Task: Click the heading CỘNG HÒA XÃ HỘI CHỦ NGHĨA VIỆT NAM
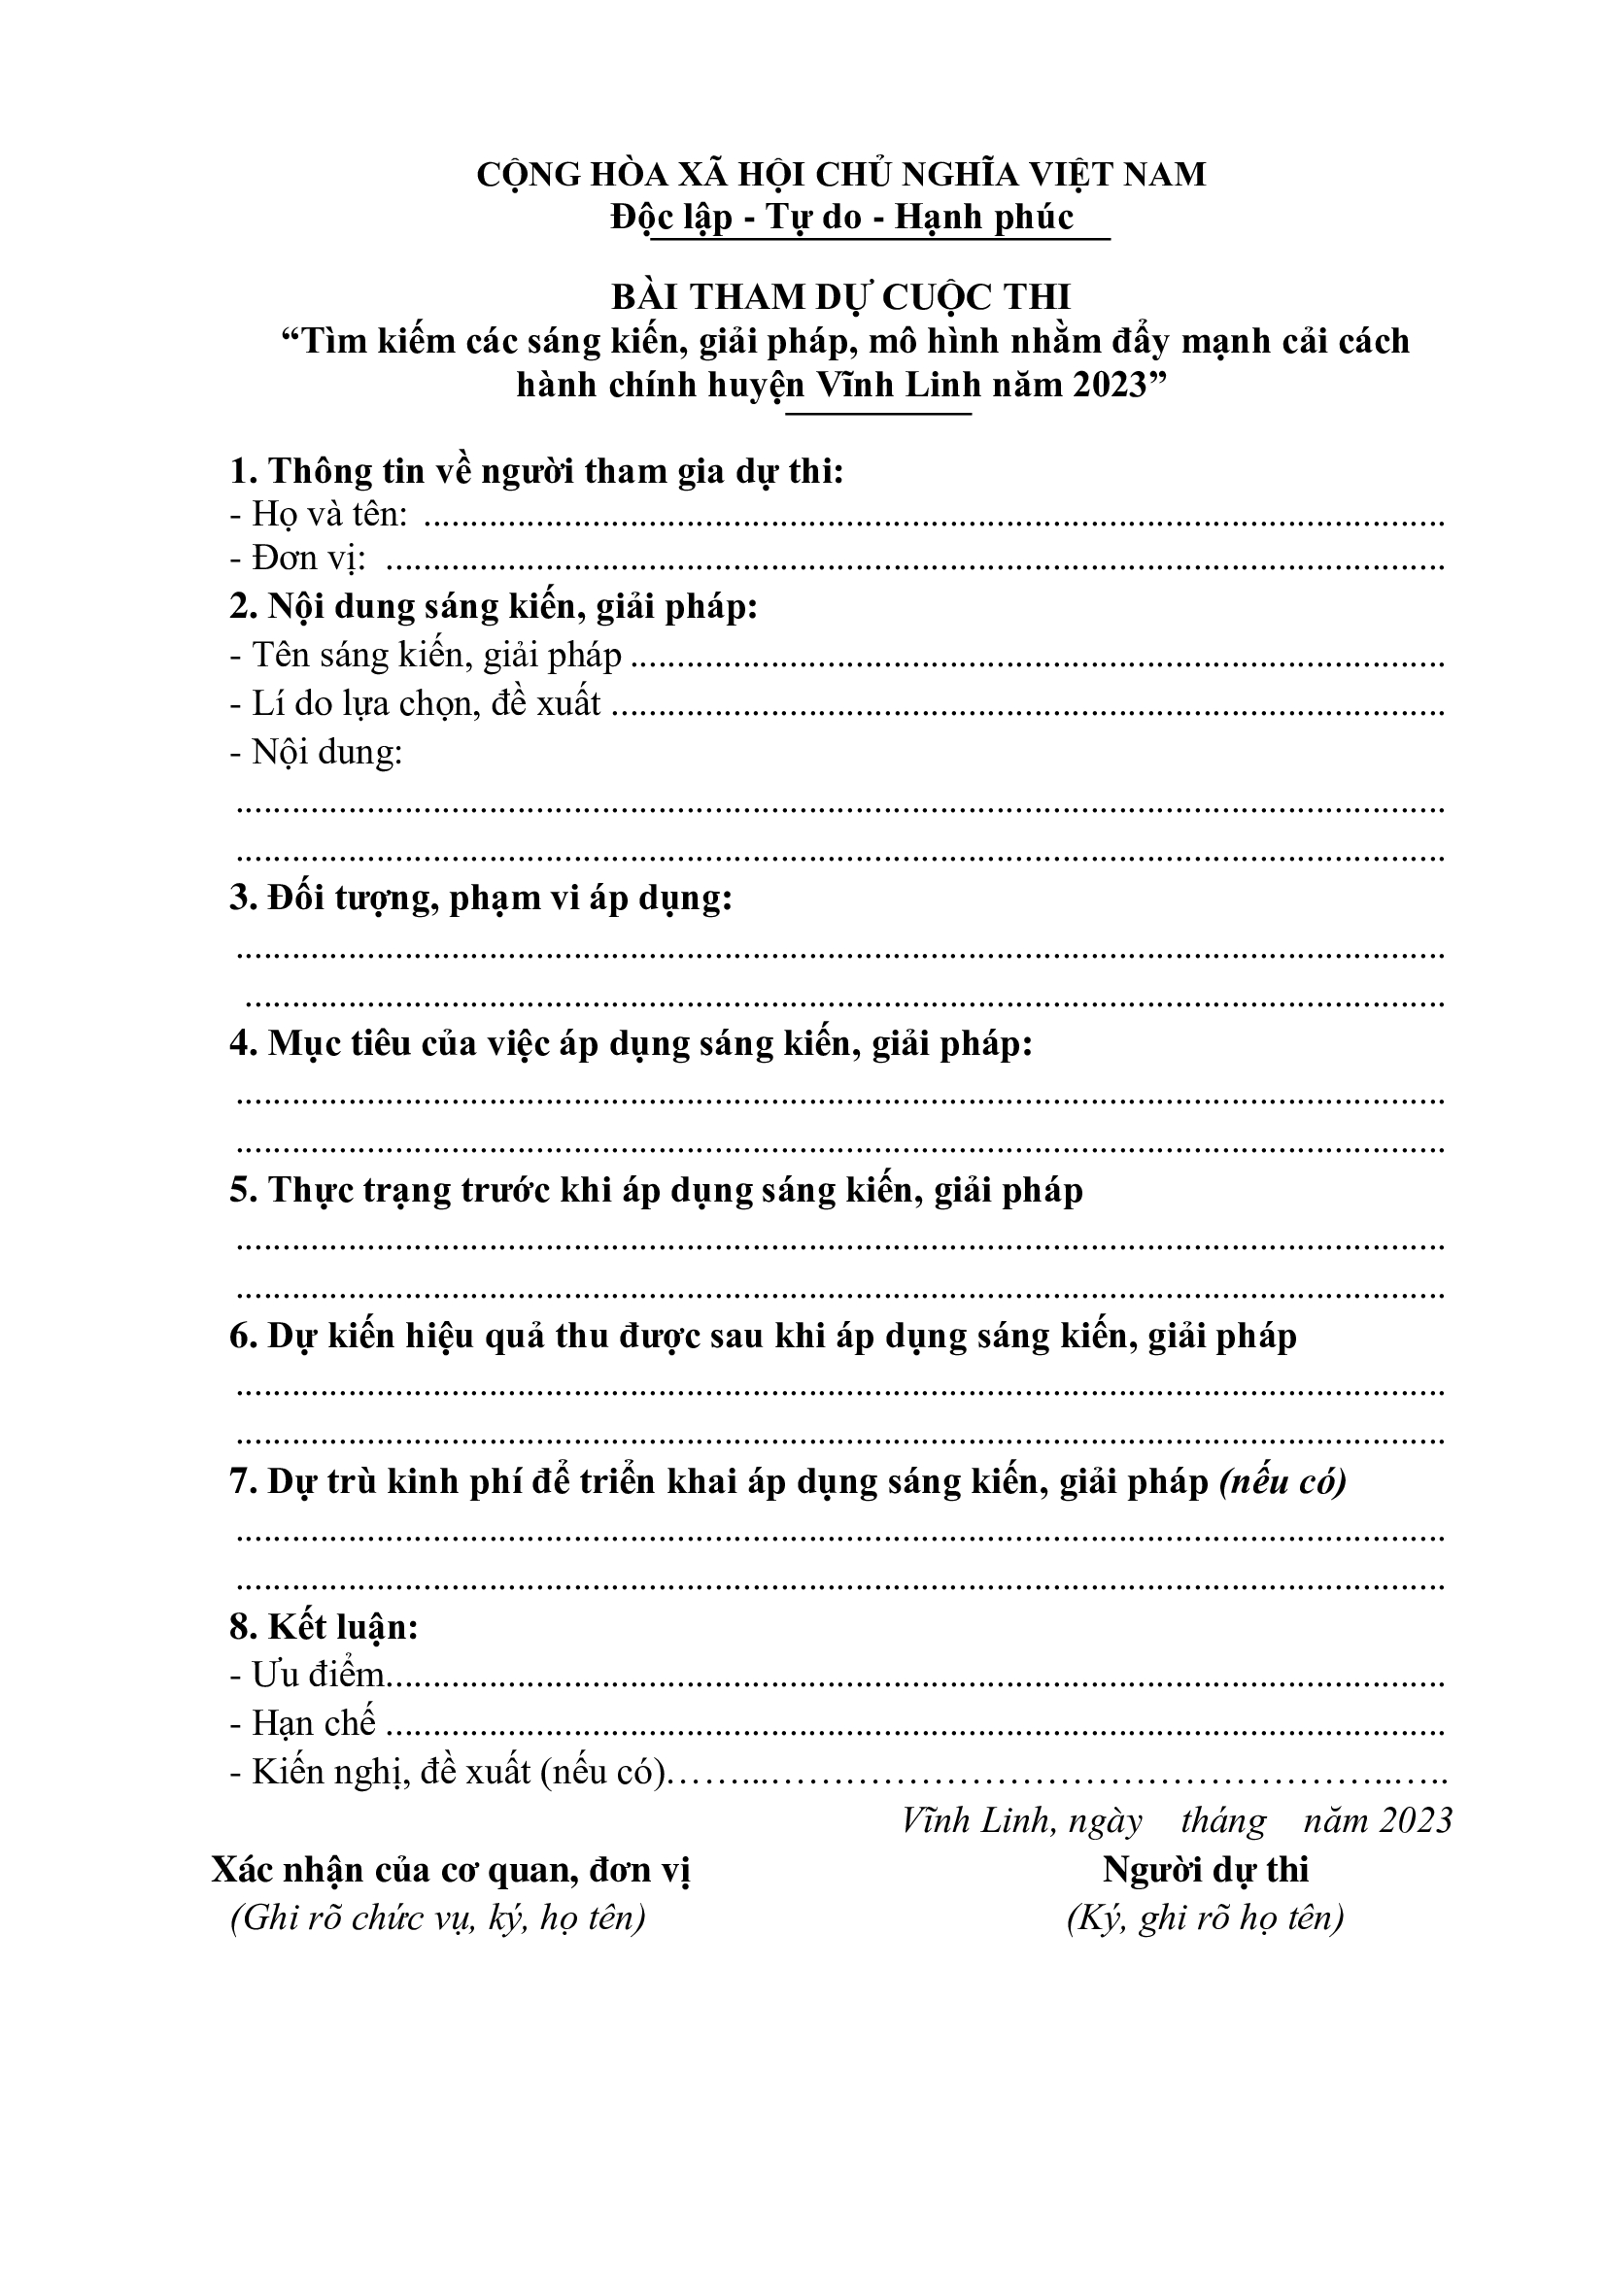pyautogui.click(x=841, y=174)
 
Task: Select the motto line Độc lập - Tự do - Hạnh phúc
pyautogui.click(x=841, y=217)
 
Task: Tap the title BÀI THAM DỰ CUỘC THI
pyautogui.click(x=841, y=296)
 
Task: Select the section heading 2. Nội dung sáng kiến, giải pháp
pyautogui.click(x=493, y=605)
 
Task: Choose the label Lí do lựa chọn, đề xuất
pyautogui.click(x=417, y=702)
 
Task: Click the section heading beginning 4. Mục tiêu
pyautogui.click(x=632, y=1043)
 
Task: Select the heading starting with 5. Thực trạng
pyautogui.click(x=656, y=1190)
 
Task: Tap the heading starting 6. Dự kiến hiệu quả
pyautogui.click(x=763, y=1336)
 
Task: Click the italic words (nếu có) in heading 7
pyautogui.click(x=1282, y=1481)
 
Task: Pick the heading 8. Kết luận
pyautogui.click(x=324, y=1627)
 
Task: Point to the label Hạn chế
pyautogui.click(x=304, y=1723)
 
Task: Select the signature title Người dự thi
pyautogui.click(x=1205, y=1869)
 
